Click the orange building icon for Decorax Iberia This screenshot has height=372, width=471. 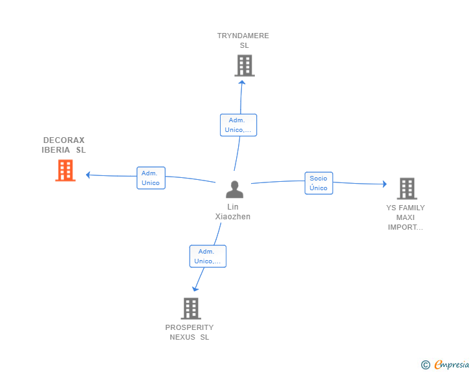click(65, 170)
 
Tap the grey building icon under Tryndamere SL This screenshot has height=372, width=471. click(245, 65)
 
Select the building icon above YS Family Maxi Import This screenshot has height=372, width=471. click(406, 188)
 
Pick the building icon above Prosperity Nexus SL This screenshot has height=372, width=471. click(191, 309)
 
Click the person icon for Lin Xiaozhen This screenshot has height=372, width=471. click(234, 189)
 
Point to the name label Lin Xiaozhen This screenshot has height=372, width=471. click(233, 212)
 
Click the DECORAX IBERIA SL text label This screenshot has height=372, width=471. click(63, 145)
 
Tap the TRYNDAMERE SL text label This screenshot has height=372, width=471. click(243, 40)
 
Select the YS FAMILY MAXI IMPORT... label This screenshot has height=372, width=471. click(406, 217)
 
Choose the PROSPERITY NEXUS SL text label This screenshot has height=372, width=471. click(190, 332)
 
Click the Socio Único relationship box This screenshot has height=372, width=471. click(318, 183)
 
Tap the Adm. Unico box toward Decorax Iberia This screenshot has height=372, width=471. click(151, 178)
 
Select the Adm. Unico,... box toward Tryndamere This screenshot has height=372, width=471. click(238, 125)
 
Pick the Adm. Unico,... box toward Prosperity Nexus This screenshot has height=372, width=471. click(208, 256)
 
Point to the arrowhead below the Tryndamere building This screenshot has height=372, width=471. click(242, 82)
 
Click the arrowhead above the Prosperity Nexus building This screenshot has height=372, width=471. click(195, 289)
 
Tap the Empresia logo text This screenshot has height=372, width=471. click(452, 365)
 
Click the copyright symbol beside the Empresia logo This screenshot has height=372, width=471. click(425, 365)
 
